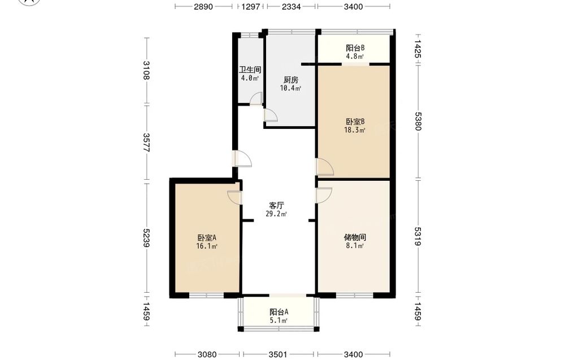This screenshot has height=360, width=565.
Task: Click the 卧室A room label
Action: click(x=206, y=238)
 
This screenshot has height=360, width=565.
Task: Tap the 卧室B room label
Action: click(x=355, y=122)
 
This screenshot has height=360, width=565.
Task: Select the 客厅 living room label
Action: click(x=277, y=205)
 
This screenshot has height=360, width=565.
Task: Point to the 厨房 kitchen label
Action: click(x=291, y=80)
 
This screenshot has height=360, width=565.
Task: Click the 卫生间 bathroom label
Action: click(x=250, y=70)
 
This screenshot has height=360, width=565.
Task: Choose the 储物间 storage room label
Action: click(x=355, y=237)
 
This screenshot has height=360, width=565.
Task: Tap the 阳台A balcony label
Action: click(x=279, y=312)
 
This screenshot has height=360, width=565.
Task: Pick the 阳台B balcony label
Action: click(x=355, y=48)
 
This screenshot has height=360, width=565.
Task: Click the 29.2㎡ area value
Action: click(x=276, y=214)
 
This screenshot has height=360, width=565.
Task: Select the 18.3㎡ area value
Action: click(x=355, y=130)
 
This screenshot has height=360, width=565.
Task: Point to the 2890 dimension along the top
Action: click(x=203, y=6)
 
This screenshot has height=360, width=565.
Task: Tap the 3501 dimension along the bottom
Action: click(x=278, y=354)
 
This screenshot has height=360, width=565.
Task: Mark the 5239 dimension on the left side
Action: click(x=146, y=238)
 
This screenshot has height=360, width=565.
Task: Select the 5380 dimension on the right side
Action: click(x=418, y=121)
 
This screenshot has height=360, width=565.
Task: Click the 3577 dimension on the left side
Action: click(x=146, y=143)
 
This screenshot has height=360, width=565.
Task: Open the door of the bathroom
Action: click(x=256, y=99)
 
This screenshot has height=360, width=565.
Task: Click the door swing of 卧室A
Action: click(x=234, y=197)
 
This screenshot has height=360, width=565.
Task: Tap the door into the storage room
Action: click(x=324, y=195)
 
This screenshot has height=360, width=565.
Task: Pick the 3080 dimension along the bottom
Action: click(x=207, y=354)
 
